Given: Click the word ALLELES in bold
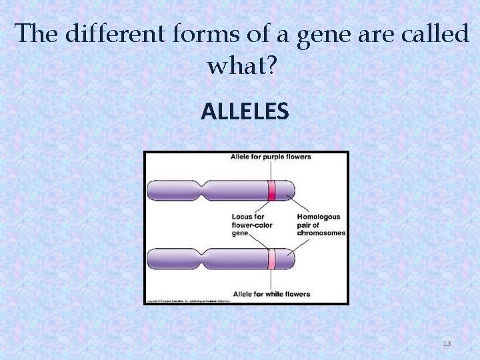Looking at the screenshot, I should (x=245, y=111).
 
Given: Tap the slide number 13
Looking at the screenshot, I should (x=447, y=343).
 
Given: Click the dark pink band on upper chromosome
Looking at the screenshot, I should (x=271, y=191).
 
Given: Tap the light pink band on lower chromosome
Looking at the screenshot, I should (x=271, y=258).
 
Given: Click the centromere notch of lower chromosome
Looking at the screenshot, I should (x=204, y=258).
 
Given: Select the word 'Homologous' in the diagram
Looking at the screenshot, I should (x=319, y=217).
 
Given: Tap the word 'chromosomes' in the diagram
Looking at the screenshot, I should (x=321, y=233).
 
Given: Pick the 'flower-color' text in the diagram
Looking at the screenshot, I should (x=252, y=225).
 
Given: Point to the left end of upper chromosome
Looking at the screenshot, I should (x=151, y=191).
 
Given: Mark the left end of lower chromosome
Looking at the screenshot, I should (x=151, y=258).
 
